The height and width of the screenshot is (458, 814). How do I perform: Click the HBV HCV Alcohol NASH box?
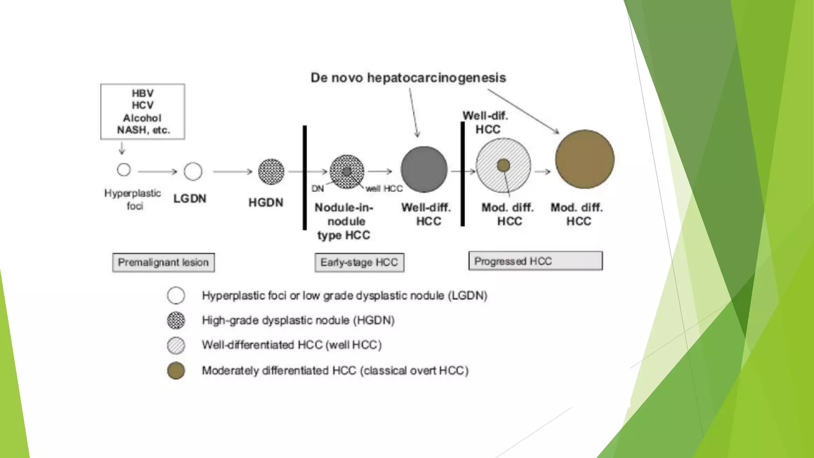(142, 111)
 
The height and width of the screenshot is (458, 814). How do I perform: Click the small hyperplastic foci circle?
(124, 170)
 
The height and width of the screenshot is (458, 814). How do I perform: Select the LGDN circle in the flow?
(193, 171)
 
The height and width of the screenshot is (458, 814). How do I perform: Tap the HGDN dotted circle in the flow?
(271, 172)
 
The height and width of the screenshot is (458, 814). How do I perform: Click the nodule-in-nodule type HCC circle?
(347, 172)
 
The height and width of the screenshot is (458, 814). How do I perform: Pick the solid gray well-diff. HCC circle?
(424, 169)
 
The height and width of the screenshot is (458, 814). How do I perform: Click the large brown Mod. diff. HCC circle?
(584, 159)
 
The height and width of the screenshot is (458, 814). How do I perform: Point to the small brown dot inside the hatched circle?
(503, 165)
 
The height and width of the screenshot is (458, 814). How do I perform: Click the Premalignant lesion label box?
(163, 262)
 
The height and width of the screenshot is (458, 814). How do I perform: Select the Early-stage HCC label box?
(359, 262)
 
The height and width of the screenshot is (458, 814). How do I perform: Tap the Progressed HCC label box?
(535, 261)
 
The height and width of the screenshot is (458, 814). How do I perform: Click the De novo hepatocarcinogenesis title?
(408, 78)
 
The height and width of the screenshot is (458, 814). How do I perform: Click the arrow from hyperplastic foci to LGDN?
(157, 172)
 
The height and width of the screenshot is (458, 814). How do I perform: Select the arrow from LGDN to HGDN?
(233, 172)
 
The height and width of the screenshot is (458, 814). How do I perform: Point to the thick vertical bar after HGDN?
(305, 177)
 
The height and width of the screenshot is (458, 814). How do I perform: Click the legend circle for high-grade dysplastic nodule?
(176, 320)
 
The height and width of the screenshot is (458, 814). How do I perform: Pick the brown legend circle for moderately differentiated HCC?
(176, 371)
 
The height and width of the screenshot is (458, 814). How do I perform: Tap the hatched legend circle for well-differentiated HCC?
(176, 345)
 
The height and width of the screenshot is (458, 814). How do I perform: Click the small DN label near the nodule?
(318, 188)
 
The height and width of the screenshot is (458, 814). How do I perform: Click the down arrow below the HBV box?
(122, 149)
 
